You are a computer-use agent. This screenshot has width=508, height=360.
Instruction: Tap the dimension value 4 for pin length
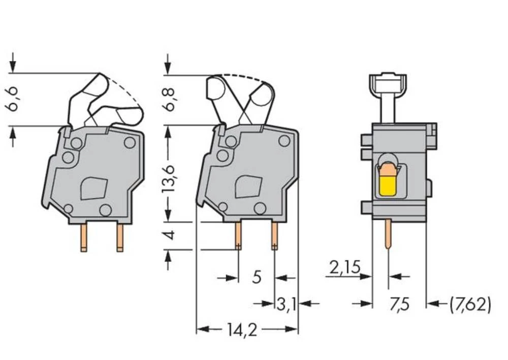coord(170,235)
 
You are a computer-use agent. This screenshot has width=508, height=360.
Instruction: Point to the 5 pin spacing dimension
coord(257,278)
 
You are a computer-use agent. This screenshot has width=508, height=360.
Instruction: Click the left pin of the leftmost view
coord(83,237)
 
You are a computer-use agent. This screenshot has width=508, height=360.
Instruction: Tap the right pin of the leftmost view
coord(120,237)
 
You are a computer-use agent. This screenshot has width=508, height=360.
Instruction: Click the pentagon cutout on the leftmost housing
coord(93,188)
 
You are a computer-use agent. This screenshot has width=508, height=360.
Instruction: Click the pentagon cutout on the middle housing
coord(248,187)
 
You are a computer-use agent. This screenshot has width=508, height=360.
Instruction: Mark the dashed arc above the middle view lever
coord(244,78)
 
